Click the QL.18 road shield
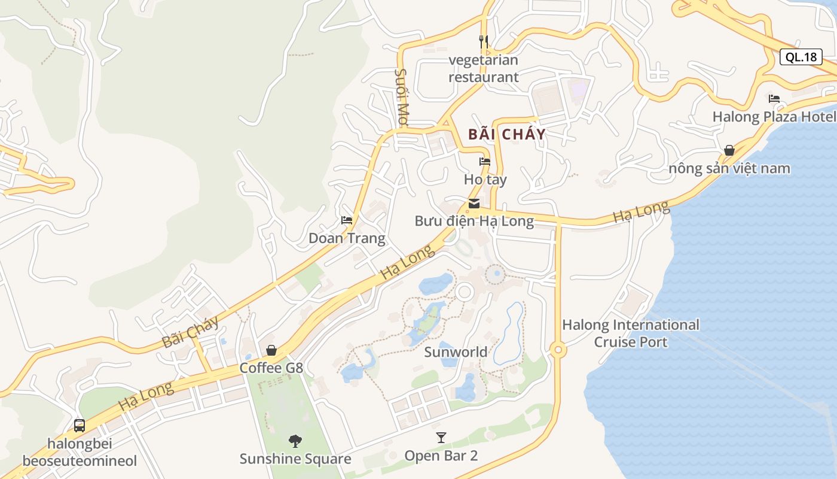coord(801,57)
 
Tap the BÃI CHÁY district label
coord(507,134)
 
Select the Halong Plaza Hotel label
coord(774,117)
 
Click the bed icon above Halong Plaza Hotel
coord(774,99)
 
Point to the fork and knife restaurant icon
coord(484,41)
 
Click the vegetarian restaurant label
coord(484,68)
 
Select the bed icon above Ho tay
coord(485,161)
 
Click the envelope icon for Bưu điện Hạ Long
coord(474,204)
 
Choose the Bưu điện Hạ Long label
coord(474,221)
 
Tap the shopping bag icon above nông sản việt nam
coord(729,150)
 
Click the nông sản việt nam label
coord(729,168)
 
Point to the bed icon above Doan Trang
coord(347,220)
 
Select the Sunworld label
coord(456,351)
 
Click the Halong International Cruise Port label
coord(631,334)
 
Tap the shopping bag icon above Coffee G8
coord(271,350)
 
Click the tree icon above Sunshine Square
coord(295,441)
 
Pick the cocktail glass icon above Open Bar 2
coord(441,438)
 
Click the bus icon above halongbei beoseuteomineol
coord(80,426)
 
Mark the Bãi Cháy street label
coord(190,333)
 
